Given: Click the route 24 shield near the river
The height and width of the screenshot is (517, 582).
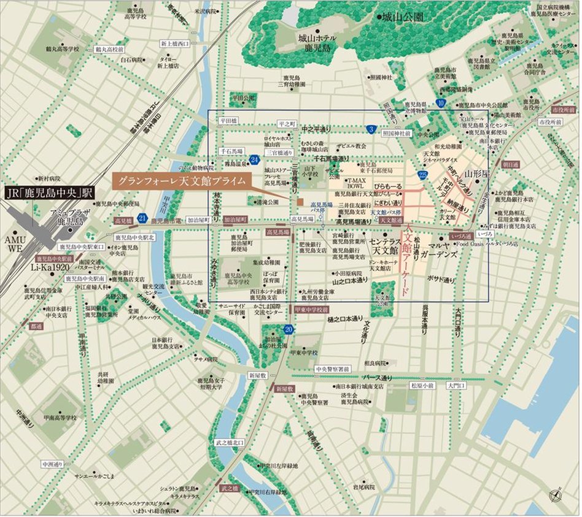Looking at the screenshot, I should tap(255, 160).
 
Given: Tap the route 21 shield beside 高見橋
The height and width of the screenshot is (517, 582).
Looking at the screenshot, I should tap(142, 218).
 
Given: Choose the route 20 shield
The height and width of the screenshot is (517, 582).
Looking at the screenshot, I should tap(289, 330).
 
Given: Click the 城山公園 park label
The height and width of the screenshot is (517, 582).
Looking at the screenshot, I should tap(403, 18).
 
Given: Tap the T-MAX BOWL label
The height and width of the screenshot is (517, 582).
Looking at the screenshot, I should tap(355, 185).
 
